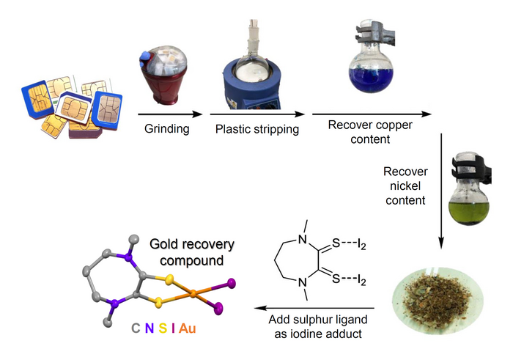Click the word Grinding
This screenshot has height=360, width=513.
point(169,129)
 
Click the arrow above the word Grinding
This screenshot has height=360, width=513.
point(169,114)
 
